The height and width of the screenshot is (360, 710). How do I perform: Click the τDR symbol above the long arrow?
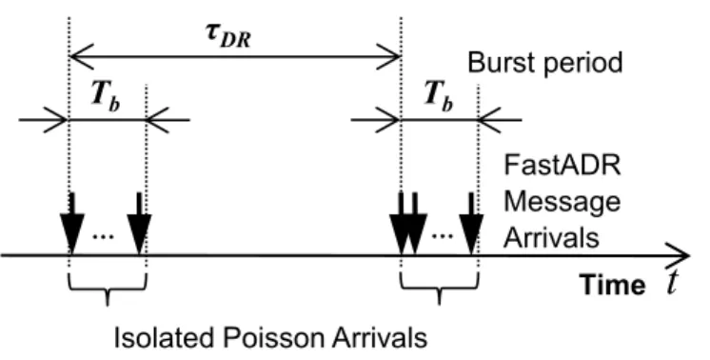tap(227, 35)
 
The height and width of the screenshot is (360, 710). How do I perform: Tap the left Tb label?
tap(106, 96)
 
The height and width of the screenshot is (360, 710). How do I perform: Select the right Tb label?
tap(439, 96)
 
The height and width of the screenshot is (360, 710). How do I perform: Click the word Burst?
tap(502, 62)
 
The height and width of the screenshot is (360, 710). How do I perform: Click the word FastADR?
tap(562, 165)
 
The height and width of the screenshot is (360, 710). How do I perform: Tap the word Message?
tap(562, 202)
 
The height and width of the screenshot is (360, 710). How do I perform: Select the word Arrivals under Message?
tap(551, 236)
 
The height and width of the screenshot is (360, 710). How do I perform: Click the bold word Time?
tap(613, 286)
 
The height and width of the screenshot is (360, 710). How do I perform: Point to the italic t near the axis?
tap(673, 282)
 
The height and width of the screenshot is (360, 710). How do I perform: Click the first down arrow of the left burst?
tap(72, 223)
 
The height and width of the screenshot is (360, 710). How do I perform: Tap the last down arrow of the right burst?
tap(471, 223)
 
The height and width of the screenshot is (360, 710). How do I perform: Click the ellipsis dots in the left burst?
tap(103, 237)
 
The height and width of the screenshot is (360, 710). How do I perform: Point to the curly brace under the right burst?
tap(439, 290)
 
